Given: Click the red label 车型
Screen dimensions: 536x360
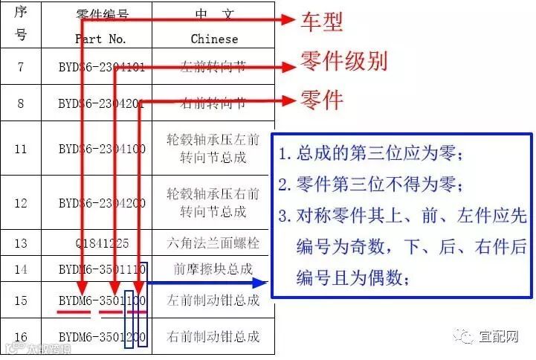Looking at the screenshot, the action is point(321,23).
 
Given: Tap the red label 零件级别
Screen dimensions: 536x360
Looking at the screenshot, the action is point(343,62).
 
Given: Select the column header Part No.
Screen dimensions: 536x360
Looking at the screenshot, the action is point(101,39).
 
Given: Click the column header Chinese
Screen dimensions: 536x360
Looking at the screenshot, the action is point(214,39).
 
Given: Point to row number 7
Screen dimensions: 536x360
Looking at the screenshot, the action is point(21,67).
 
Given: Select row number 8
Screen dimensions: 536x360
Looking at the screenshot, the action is point(21,103).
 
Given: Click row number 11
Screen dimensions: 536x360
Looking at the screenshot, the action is point(21,149).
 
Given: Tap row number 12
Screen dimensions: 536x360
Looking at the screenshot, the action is point(21,203).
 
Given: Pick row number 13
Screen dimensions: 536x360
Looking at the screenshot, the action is point(21,243).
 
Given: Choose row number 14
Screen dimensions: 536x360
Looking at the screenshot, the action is point(21,268).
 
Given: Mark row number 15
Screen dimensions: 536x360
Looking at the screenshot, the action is point(21,300).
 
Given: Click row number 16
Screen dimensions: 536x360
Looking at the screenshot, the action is point(21,336).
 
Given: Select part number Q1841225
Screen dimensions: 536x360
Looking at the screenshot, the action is point(101,243).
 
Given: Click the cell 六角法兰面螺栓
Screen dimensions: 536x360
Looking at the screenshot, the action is point(214,243).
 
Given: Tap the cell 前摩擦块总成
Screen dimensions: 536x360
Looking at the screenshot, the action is point(214,268).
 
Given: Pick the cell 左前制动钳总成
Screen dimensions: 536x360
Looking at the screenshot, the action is point(214,300).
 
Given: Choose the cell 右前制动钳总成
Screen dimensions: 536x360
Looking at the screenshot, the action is point(214,336).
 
